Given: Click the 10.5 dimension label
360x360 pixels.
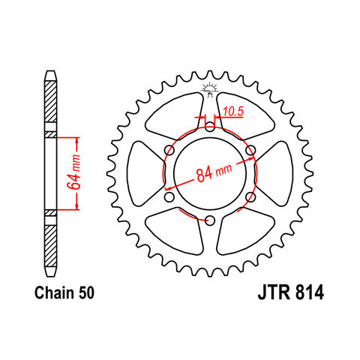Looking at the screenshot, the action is pyautogui.click(x=233, y=112).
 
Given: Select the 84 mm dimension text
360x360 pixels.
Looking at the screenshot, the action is pyautogui.click(x=214, y=172).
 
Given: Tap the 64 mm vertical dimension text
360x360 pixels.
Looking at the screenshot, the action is pyautogui.click(x=74, y=172).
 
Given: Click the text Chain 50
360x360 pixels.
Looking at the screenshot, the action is pyautogui.click(x=64, y=292).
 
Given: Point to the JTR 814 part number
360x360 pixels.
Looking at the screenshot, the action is pyautogui.click(x=291, y=292).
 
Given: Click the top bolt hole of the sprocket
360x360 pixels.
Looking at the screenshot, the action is pyautogui.click(x=210, y=127).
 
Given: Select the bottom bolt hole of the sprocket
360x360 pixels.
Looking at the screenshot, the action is pyautogui.click(x=210, y=220).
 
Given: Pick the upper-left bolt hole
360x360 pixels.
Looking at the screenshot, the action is pyautogui.click(x=169, y=150).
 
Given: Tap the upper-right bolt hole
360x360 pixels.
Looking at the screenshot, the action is pyautogui.click(x=250, y=150).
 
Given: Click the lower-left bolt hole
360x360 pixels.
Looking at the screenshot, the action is pyautogui.click(x=169, y=197).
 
